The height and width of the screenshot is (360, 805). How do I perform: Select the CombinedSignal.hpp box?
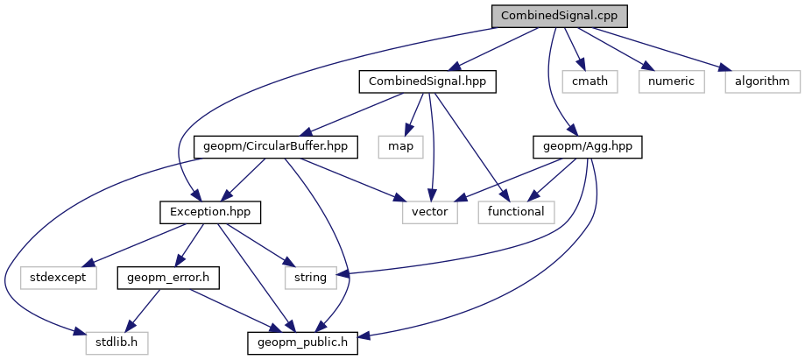point(427,81)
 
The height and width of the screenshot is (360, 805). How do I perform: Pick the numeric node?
point(671,81)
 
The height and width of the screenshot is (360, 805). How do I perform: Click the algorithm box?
point(761,81)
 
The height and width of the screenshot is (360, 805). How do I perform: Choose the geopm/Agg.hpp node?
point(588,146)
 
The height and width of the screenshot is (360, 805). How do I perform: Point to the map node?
point(400,146)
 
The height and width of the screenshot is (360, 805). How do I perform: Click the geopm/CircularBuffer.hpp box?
point(276,146)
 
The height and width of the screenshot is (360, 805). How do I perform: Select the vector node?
point(430,212)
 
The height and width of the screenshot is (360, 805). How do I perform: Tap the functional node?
point(517,212)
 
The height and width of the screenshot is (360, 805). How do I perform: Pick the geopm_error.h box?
point(167,277)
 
